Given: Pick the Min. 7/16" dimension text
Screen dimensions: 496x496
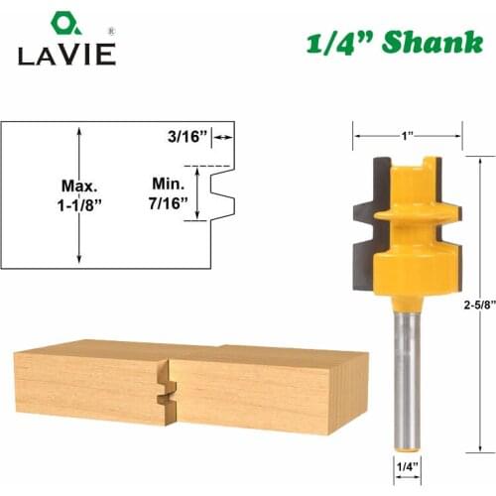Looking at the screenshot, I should (x=170, y=194).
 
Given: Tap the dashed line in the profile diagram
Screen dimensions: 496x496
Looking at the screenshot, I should (x=213, y=165).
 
